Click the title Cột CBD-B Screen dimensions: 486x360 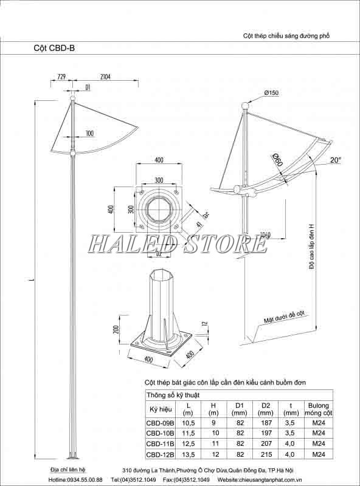[55, 46]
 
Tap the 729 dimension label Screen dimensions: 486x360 [61, 77]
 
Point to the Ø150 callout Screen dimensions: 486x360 [271, 92]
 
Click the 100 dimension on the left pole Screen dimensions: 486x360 [89, 133]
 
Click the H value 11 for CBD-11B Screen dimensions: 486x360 [213, 443]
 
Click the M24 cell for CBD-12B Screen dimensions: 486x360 [319, 454]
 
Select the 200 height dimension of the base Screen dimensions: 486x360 [116, 330]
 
